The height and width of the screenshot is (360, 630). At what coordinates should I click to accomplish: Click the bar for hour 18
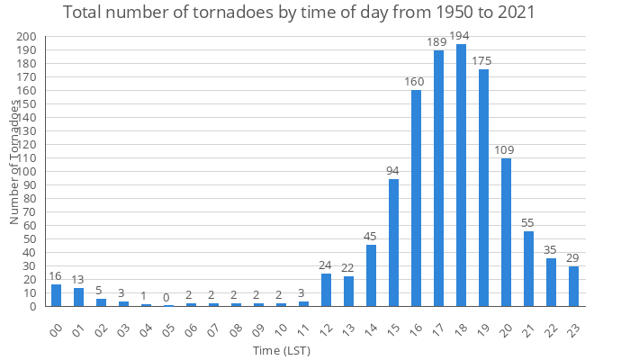[462, 175]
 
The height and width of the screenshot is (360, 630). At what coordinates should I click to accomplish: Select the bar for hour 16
[417, 198]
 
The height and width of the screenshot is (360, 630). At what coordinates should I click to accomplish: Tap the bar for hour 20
[507, 232]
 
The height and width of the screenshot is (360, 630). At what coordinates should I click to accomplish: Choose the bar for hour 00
[57, 295]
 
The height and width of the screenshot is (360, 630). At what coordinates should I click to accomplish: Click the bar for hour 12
[327, 290]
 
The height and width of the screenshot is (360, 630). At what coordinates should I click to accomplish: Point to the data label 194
[462, 36]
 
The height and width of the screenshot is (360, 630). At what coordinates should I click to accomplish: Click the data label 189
[438, 42]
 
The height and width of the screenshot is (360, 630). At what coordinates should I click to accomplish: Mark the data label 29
[573, 258]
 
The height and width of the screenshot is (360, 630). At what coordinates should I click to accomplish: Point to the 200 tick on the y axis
[27, 37]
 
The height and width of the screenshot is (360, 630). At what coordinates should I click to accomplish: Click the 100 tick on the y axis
[27, 172]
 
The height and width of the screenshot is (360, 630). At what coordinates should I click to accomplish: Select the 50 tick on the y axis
[30, 239]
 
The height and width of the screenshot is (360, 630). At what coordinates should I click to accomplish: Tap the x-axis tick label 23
[572, 330]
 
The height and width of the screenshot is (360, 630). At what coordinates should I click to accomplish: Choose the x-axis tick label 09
[257, 330]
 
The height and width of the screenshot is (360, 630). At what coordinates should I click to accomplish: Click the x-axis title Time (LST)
[282, 349]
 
